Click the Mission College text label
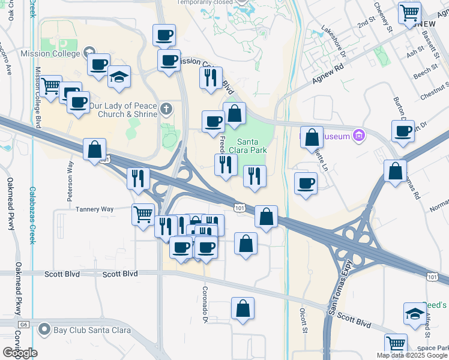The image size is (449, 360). click(x=49, y=53)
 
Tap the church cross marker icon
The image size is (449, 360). click(x=166, y=109)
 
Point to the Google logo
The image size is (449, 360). click(x=20, y=353)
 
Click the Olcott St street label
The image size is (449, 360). click(x=304, y=321)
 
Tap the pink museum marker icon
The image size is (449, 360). click(x=360, y=135)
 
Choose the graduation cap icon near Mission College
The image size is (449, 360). click(x=119, y=76)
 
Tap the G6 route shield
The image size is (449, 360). click(x=24, y=325)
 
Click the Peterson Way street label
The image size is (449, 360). click(x=71, y=180)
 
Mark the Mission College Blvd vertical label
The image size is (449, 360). click(x=37, y=98)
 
